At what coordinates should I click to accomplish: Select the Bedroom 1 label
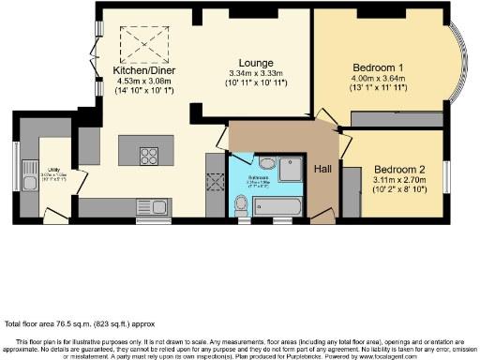[x=380, y=67]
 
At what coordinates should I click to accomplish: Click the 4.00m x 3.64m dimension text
[x=380, y=80]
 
